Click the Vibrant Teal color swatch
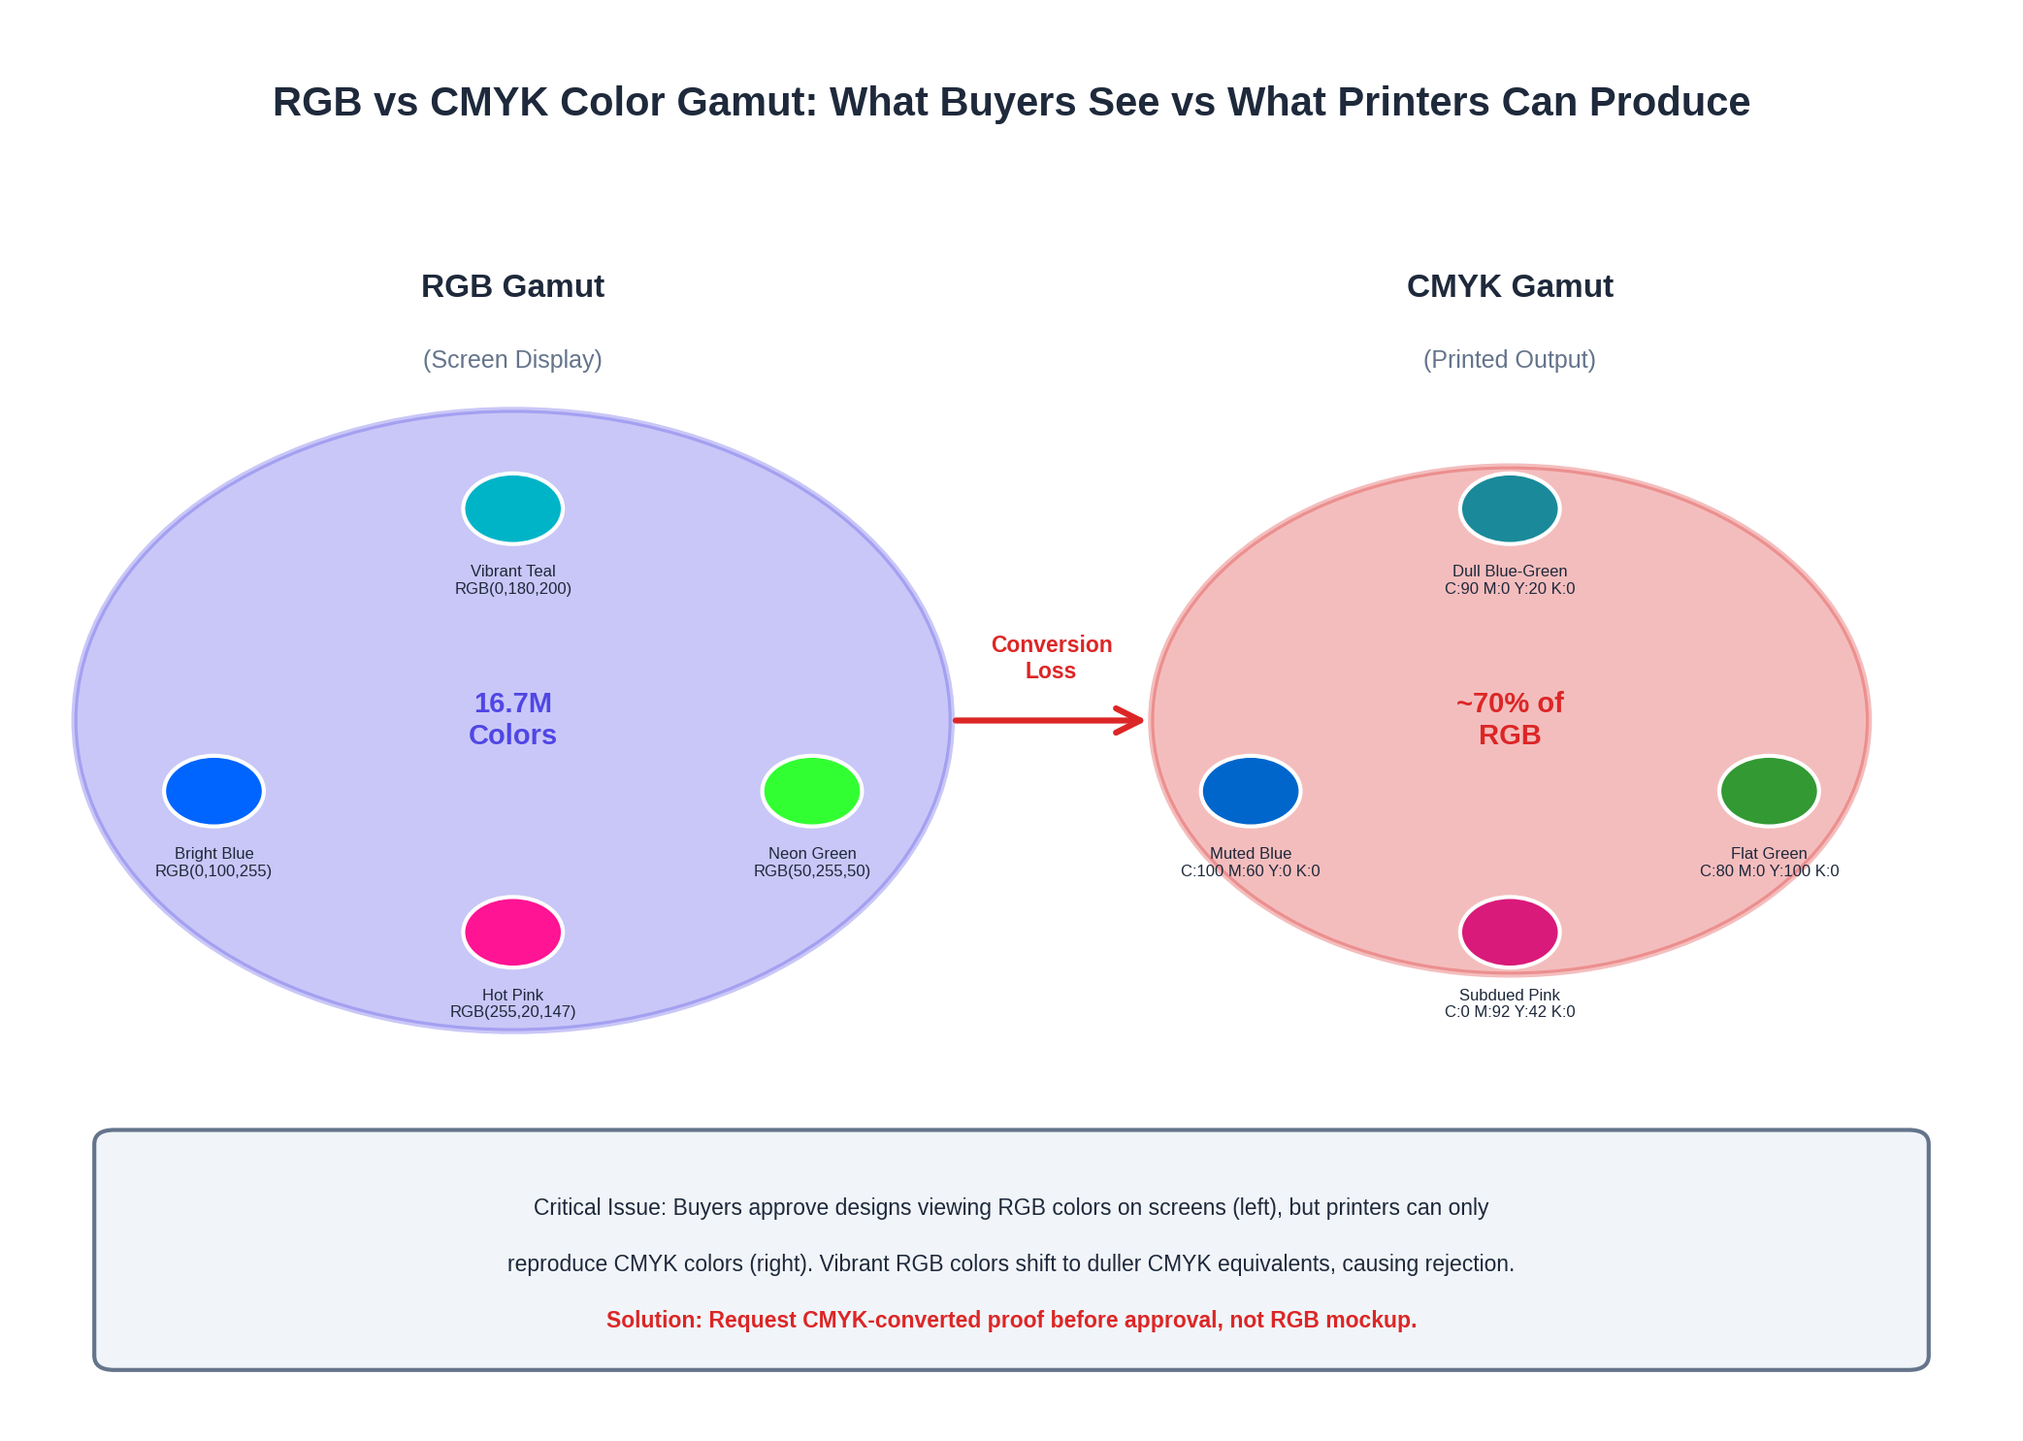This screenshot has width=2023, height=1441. click(512, 508)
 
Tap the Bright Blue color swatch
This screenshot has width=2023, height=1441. click(213, 791)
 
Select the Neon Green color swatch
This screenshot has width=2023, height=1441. click(812, 791)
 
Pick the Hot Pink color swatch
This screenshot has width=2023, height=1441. click(512, 932)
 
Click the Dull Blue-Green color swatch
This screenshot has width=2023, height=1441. click(1510, 508)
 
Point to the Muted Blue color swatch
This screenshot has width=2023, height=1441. click(1251, 791)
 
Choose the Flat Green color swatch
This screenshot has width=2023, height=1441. click(1769, 791)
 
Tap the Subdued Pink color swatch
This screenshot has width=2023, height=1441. click(1510, 932)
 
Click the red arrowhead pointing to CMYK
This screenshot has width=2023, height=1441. click(1130, 720)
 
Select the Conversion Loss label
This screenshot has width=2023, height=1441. click(1051, 657)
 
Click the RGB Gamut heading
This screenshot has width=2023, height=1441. click(512, 286)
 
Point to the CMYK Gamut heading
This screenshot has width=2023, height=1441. click(1510, 286)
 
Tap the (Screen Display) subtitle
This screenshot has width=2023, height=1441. click(512, 359)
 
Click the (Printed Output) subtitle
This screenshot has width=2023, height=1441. click(1510, 359)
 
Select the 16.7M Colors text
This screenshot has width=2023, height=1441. click(512, 718)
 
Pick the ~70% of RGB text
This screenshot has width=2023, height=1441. click(1510, 718)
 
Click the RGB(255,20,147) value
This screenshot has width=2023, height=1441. click(512, 1011)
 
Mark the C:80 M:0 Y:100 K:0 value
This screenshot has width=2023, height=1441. click(1769, 870)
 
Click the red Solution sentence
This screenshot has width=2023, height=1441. click(1011, 1320)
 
